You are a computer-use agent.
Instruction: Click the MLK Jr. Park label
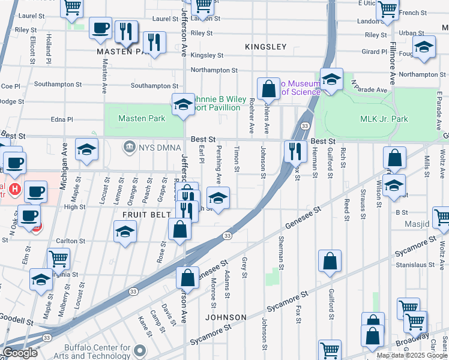(384, 119)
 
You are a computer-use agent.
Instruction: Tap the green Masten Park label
(142, 119)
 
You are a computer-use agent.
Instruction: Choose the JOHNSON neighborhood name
(226, 317)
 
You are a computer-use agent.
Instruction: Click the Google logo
(20, 353)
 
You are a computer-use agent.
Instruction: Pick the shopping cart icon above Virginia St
(58, 259)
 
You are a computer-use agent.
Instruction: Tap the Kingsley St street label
(206, 55)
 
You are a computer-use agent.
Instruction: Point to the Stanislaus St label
(415, 265)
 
